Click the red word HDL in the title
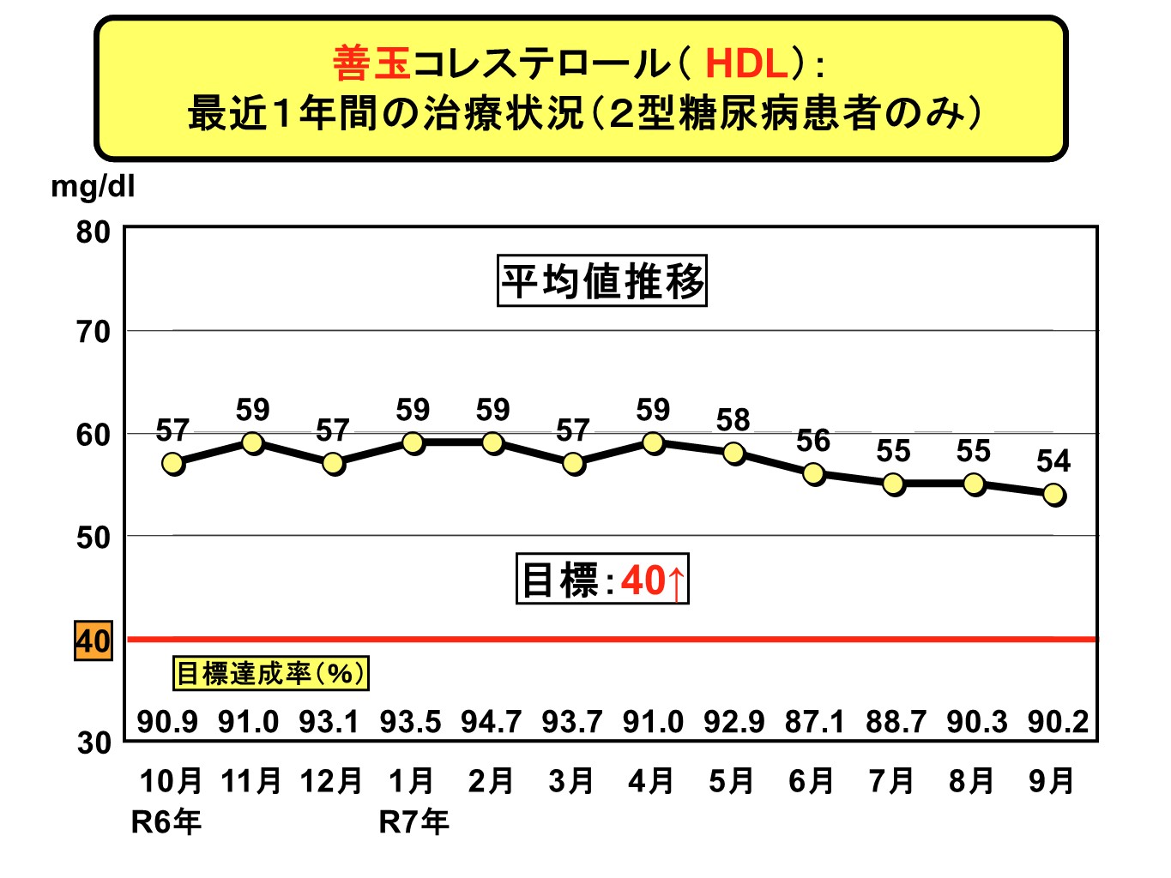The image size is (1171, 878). [745, 64]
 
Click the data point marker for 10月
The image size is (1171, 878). [173, 464]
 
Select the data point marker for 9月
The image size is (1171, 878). [1054, 495]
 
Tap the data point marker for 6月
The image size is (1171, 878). [814, 474]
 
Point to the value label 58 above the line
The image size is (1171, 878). [733, 420]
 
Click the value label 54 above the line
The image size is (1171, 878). [1053, 461]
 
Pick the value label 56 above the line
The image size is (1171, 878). [813, 441]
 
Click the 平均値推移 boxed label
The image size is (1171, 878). [602, 281]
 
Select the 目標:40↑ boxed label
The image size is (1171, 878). [602, 580]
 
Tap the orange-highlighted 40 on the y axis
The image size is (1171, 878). [94, 640]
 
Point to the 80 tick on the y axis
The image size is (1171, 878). [94, 232]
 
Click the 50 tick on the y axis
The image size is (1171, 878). [94, 538]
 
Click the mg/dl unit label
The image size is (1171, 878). [93, 186]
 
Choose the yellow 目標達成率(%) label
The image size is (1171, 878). [270, 673]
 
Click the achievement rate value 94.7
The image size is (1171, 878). [491, 722]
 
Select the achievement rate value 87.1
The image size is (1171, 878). [815, 722]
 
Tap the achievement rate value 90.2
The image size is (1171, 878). [1059, 722]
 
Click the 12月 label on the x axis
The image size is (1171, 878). [331, 781]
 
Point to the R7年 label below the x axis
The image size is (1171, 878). [413, 822]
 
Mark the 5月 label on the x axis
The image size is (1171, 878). [732, 781]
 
